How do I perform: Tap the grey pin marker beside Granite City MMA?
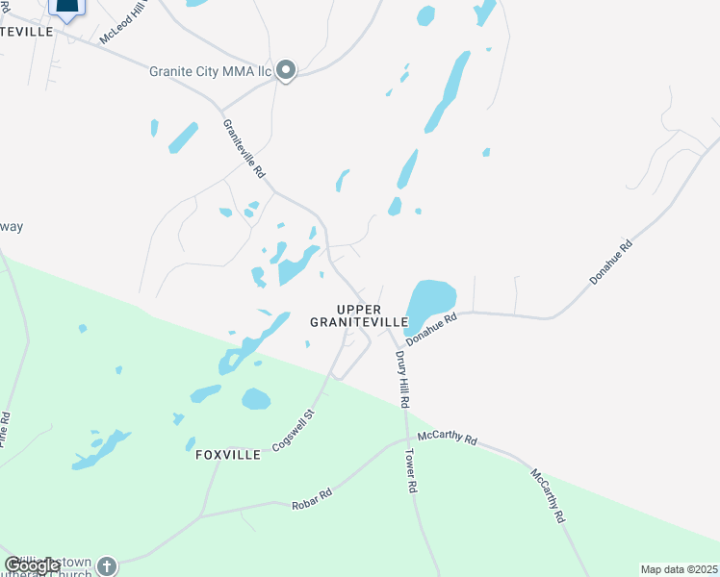tap(286, 70)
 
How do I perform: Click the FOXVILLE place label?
tap(222, 455)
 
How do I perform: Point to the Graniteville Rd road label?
tap(244, 149)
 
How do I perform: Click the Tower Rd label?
tap(412, 471)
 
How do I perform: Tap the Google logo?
tap(33, 565)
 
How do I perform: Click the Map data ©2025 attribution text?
tap(679, 569)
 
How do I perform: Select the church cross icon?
tap(106, 566)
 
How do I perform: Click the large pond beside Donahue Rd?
tap(430, 299)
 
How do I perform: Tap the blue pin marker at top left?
tap(65, 8)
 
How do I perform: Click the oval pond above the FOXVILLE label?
tap(256, 398)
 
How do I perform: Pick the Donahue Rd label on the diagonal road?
tap(612, 262)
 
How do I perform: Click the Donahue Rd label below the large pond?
tap(429, 328)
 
